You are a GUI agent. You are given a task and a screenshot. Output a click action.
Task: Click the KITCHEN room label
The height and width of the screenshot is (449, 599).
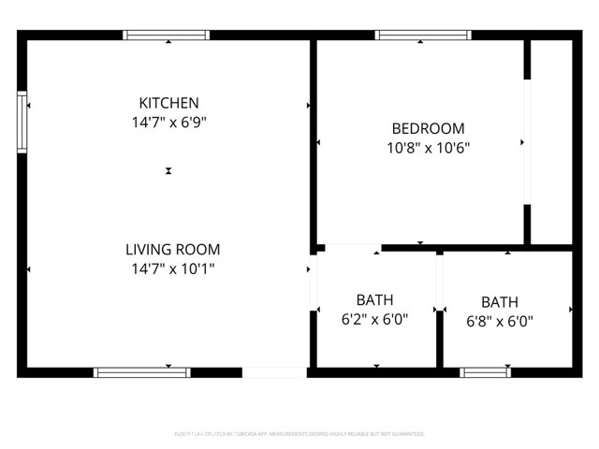pos(168,103)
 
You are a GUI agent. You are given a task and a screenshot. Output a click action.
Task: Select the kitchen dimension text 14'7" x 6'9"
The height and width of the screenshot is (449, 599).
pos(168,122)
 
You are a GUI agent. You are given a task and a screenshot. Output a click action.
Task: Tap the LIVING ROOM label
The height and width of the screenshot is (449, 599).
pos(173,250)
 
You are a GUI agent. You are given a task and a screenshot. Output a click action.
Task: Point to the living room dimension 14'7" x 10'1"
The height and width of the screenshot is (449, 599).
pos(173,268)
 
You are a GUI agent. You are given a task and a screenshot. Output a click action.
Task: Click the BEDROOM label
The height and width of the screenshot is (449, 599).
pos(428,128)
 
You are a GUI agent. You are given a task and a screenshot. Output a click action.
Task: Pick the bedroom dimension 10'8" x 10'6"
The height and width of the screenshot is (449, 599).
pos(428,147)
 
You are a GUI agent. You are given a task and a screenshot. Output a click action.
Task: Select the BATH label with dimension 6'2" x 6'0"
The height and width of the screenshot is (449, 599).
pos(374,300)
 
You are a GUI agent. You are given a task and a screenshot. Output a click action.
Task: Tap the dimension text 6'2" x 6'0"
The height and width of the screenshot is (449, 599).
pos(374,319)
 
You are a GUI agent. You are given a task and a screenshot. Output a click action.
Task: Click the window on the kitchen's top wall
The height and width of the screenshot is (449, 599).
pos(167,36)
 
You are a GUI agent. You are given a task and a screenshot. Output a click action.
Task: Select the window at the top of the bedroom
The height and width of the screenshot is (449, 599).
pos(423,36)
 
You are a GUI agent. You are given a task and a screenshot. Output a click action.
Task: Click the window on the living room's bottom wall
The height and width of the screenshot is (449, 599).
pos(142,372)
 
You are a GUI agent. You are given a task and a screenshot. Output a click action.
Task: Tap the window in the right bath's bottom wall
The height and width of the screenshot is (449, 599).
pos(485,372)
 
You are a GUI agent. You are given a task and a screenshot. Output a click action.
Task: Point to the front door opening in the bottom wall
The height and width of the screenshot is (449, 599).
pos(274,372)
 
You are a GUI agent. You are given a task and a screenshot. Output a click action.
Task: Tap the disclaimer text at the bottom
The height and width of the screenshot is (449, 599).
pos(299,434)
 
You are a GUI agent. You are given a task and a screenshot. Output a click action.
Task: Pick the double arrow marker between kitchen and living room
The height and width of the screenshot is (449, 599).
pos(168,171)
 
